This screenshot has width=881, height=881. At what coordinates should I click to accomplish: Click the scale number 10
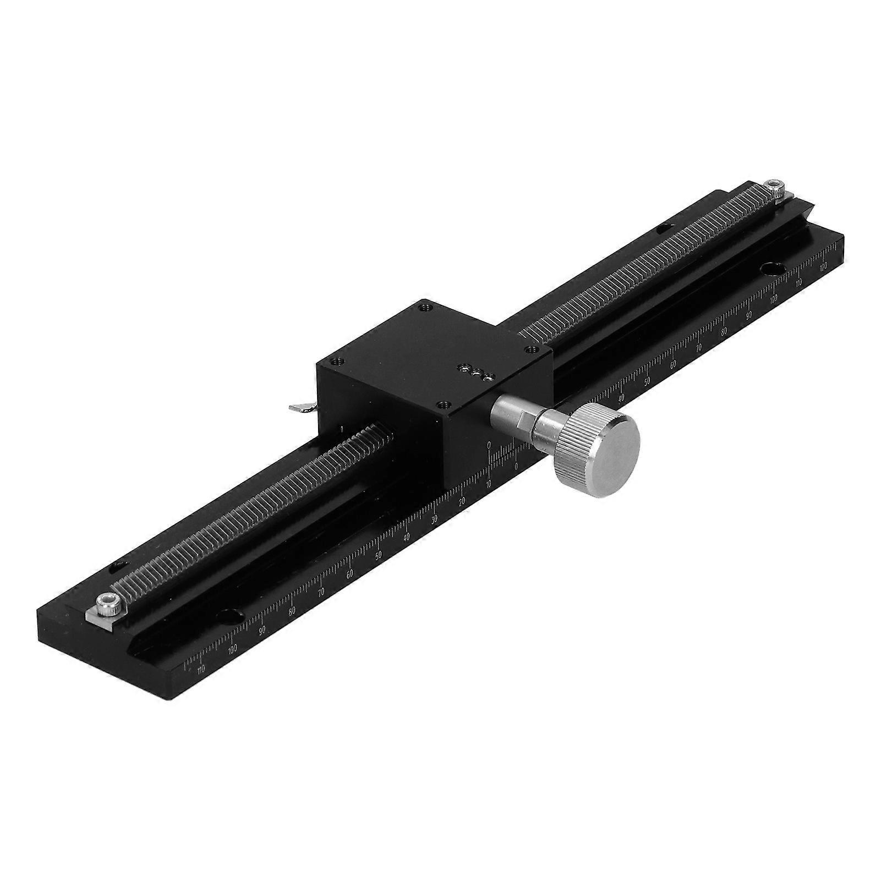point(489,484)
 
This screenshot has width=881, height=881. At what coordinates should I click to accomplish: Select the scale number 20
point(462,501)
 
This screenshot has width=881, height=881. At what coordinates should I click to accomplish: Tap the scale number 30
point(435,518)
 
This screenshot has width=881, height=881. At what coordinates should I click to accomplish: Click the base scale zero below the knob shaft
point(516,466)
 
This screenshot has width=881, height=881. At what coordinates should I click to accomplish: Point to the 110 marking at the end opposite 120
point(200,669)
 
